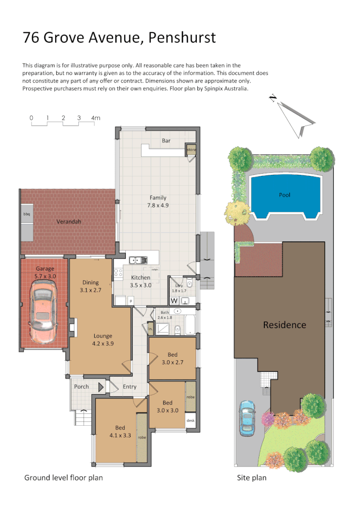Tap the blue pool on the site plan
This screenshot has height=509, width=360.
(285, 195)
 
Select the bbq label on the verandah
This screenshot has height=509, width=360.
(27, 214)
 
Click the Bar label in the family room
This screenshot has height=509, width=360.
(166, 141)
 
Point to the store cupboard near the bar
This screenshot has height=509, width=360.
(191, 149)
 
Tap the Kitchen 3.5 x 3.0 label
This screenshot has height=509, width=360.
(141, 281)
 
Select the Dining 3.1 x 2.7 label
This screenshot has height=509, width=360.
(91, 286)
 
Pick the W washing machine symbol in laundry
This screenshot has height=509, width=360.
(174, 300)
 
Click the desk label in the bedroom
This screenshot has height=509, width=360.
(190, 420)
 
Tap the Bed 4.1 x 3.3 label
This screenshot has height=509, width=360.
(120, 431)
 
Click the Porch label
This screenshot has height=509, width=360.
(81, 387)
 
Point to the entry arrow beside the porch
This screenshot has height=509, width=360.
(102, 387)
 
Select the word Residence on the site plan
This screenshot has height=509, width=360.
(284, 325)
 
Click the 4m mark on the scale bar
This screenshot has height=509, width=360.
(96, 118)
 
